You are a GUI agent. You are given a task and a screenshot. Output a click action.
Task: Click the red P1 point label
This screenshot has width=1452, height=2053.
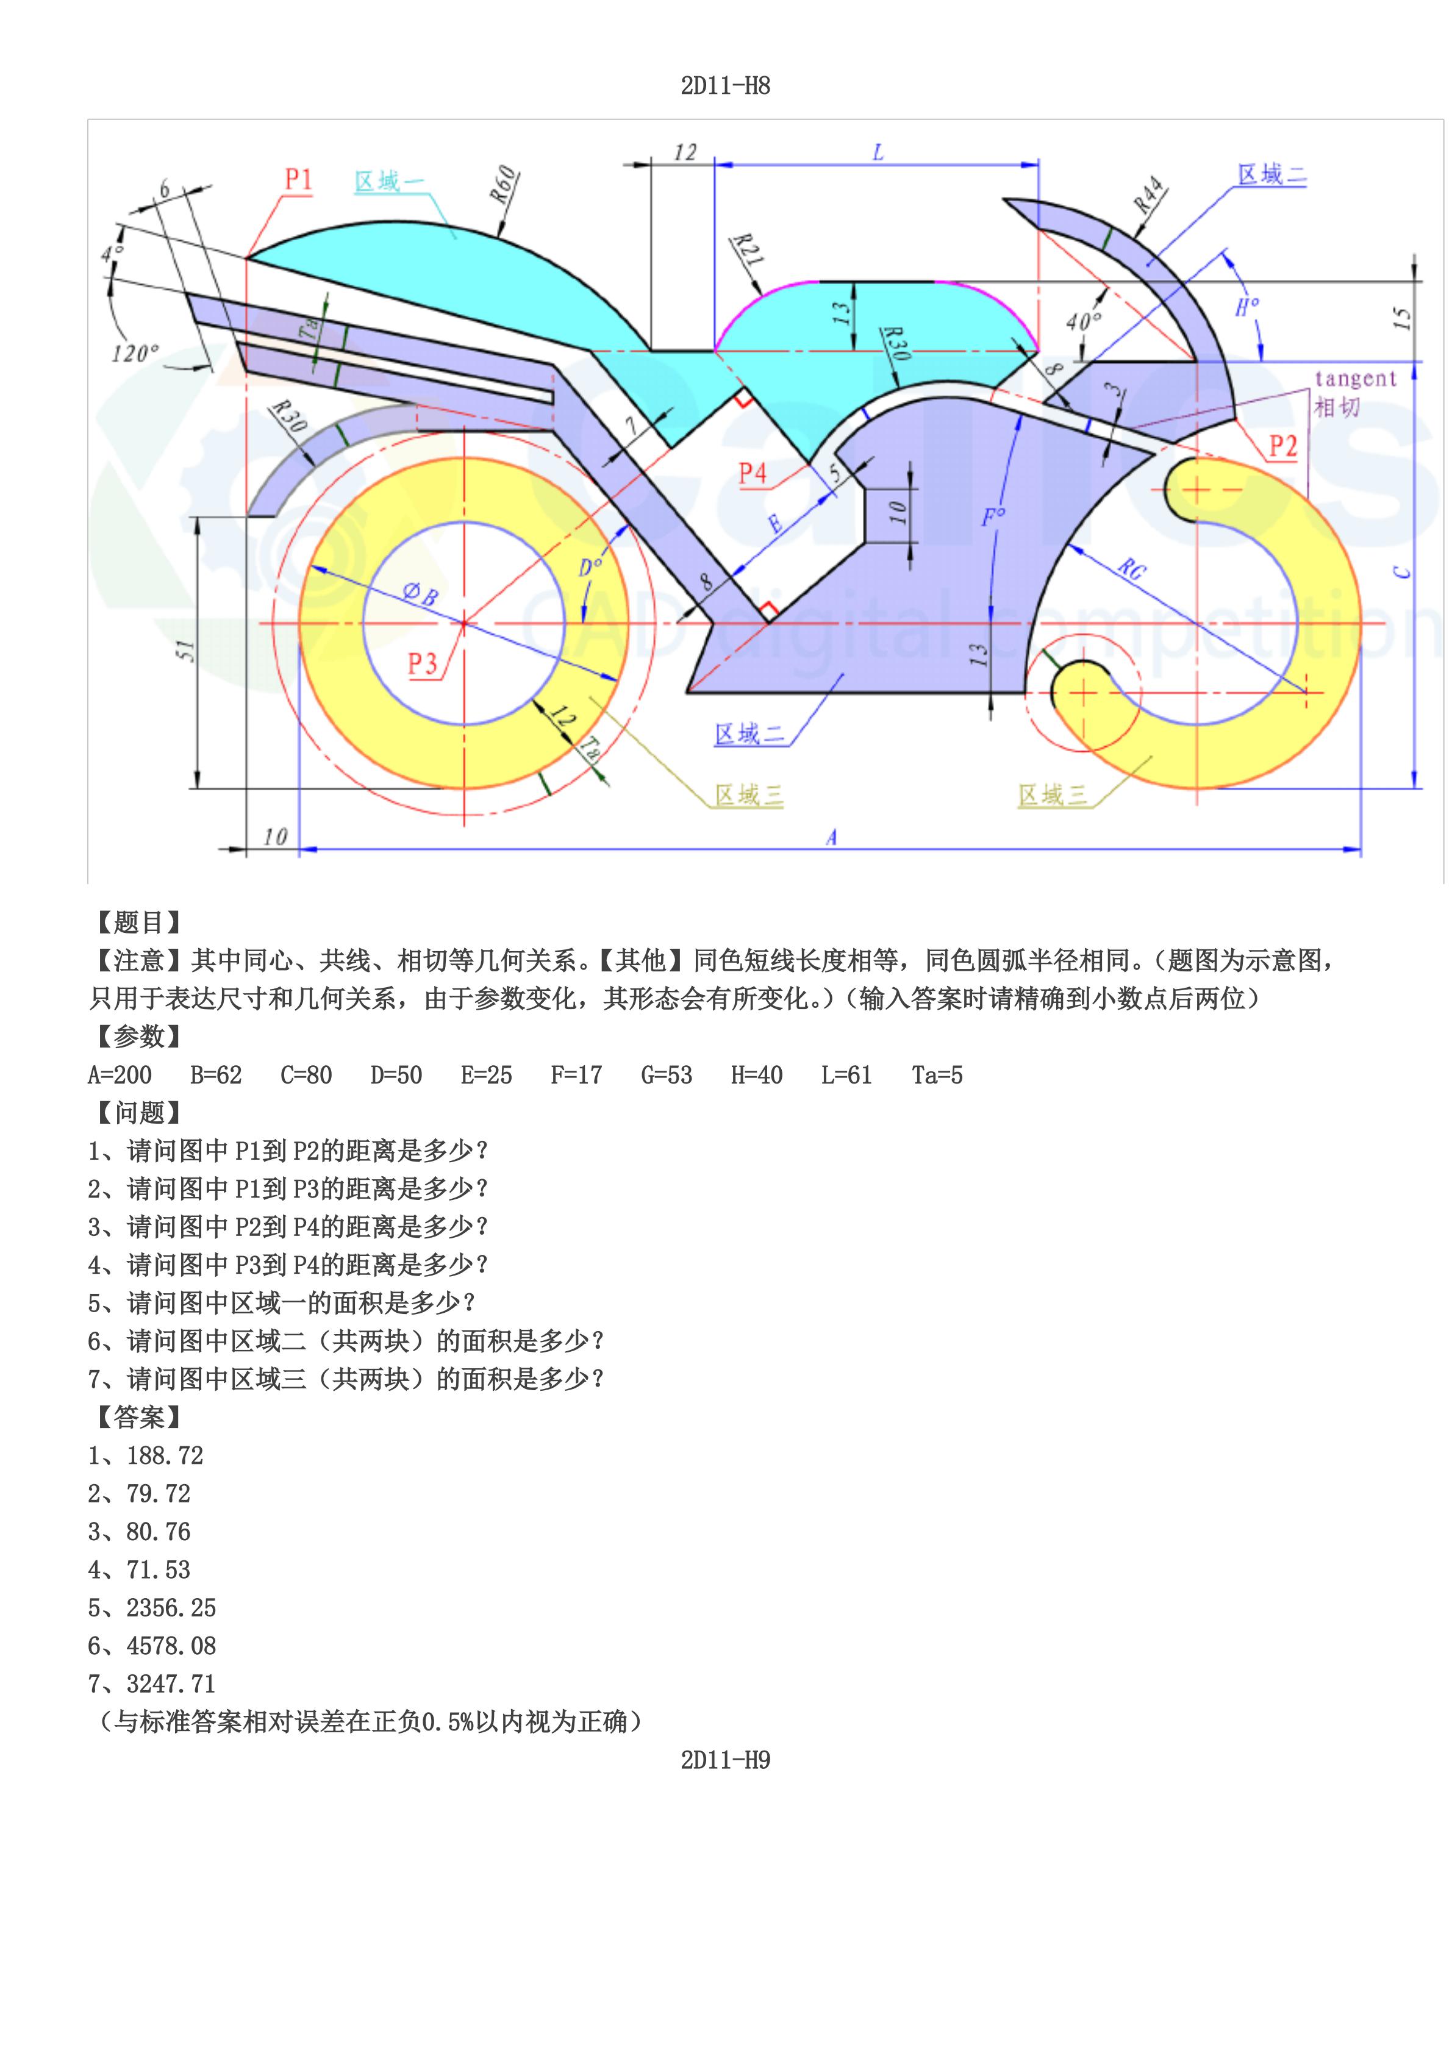tap(299, 180)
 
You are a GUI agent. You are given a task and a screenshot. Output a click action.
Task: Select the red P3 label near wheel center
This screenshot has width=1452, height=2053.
tap(422, 663)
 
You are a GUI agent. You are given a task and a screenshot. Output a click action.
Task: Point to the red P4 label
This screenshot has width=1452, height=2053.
tap(752, 473)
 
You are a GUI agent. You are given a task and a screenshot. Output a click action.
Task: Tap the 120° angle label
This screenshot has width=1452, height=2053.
tap(134, 353)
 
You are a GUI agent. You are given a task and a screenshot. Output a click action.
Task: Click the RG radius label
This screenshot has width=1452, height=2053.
tap(1131, 568)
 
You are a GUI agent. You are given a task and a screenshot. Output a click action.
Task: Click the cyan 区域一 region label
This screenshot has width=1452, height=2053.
tap(390, 182)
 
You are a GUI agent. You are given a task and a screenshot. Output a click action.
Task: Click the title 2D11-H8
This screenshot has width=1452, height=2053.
tap(725, 86)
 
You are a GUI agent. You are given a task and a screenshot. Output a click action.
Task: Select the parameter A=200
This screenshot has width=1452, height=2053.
tap(120, 1075)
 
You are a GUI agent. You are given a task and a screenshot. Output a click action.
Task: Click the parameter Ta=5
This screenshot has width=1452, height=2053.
tap(937, 1075)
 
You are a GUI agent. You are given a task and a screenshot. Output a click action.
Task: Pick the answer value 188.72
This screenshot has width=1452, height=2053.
tap(165, 1455)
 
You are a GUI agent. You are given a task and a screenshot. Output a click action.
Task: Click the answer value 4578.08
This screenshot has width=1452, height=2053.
tap(171, 1645)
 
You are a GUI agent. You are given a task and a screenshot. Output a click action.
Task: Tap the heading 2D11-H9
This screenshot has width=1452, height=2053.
tap(725, 1760)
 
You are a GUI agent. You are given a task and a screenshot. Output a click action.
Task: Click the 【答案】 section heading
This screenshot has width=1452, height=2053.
tap(138, 1417)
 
